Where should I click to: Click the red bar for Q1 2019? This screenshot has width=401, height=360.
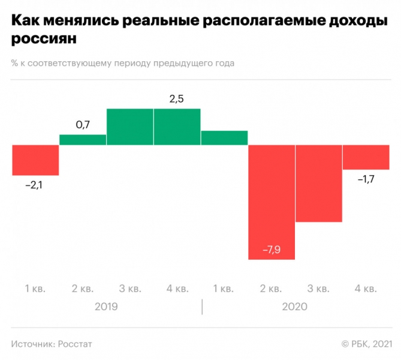pos(35,160)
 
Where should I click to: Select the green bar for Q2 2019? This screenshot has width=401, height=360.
pos(83,140)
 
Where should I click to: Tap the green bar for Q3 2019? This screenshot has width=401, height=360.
pos(130,127)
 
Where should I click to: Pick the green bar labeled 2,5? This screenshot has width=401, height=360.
pos(177,127)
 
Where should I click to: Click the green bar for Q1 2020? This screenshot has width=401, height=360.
pos(224,138)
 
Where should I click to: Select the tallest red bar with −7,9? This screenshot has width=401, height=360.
pos(272,198)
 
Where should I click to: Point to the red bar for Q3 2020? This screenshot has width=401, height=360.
pos(318,184)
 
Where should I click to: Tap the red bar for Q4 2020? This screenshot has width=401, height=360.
pos(365,157)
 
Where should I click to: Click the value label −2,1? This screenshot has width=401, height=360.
pos(35,185)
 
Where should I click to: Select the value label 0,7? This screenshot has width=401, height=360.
pos(83,125)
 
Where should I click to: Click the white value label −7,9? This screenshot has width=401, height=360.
pos(272,250)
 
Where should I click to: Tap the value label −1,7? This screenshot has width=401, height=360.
pos(366,179)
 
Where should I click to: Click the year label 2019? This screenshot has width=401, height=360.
pos(106,307)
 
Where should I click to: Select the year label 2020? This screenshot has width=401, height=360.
pos(294,307)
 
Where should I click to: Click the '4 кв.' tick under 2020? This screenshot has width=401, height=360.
pos(365,289)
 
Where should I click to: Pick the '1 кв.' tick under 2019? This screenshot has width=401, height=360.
pos(35,289)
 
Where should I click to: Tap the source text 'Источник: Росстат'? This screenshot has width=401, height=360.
pos(52,344)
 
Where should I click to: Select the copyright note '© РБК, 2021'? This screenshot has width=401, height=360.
pos(366,344)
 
